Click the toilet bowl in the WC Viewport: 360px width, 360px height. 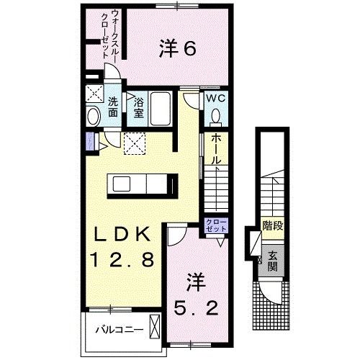pos(216,115)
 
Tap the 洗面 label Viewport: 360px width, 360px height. pos(114,107)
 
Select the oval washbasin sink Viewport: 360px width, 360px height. pos(93,117)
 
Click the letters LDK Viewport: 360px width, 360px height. pos(122,235)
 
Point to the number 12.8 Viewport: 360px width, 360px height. pos(122,259)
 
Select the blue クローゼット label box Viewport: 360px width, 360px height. pos(216,224)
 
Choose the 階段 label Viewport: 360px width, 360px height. pos(271,227)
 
